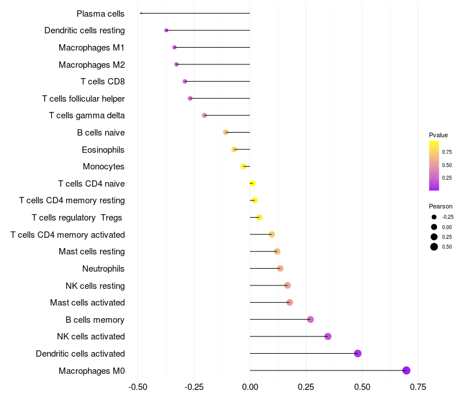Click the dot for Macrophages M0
pyautogui.click(x=407, y=370)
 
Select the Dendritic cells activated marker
pyautogui.click(x=358, y=353)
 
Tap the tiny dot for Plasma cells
pyautogui.click(x=141, y=13)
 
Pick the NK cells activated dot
pyautogui.click(x=328, y=337)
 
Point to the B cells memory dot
pyautogui.click(x=310, y=319)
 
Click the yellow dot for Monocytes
pyautogui.click(x=244, y=167)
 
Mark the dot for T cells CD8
pyautogui.click(x=185, y=82)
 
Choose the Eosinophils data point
pyautogui.click(x=234, y=149)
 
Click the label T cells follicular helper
pyautogui.click(x=83, y=99)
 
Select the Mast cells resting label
pyautogui.click(x=91, y=252)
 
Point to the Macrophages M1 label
pyautogui.click(x=91, y=48)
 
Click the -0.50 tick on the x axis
pyautogui.click(x=138, y=388)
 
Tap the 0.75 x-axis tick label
pyautogui.click(x=418, y=388)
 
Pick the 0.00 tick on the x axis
pyautogui.click(x=250, y=388)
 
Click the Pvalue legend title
pyautogui.click(x=438, y=135)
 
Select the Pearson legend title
pyautogui.click(x=440, y=206)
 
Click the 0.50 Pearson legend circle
pyautogui.click(x=434, y=247)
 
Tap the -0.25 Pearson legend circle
pyautogui.click(x=434, y=217)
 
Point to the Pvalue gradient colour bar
pyautogui.click(x=434, y=165)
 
